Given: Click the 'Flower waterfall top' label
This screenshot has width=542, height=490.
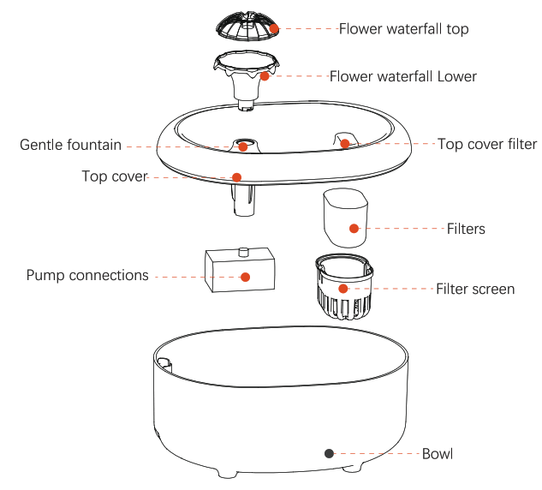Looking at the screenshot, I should click(403, 29).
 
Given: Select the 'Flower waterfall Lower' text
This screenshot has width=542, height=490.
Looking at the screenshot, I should click(402, 76).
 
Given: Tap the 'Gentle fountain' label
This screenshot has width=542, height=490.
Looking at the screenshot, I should click(70, 145).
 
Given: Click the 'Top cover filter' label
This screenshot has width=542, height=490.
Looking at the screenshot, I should click(487, 144).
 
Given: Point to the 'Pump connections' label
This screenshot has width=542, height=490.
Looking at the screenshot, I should click(87, 275).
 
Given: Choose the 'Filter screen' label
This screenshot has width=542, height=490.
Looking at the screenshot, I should click(475, 289).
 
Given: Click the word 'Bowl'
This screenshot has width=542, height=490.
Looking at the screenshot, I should click(438, 453).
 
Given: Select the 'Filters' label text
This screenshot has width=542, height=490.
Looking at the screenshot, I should click(466, 229).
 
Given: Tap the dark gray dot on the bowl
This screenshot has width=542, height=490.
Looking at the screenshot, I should click(328, 452).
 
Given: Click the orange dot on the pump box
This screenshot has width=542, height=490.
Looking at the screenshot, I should click(245, 276).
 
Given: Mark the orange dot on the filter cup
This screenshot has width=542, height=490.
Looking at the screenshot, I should click(354, 228).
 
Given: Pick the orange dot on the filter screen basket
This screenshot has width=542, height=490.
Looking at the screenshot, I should click(343, 289).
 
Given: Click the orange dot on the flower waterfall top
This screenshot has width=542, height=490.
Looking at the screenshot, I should click(274, 29).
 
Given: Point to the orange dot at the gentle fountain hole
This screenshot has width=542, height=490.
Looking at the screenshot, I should click(243, 146).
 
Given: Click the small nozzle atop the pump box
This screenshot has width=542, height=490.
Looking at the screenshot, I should click(243, 251).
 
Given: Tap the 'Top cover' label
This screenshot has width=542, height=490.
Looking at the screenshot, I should click(115, 176).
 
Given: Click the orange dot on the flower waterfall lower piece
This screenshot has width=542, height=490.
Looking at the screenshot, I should click(265, 76).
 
